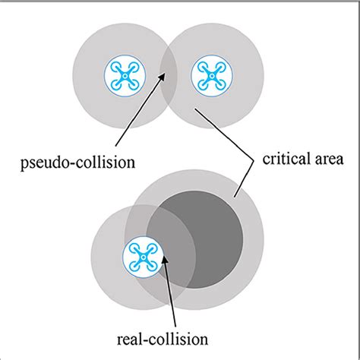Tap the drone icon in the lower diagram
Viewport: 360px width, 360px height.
click(142, 256)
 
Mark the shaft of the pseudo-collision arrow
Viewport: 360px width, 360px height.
click(141, 110)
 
